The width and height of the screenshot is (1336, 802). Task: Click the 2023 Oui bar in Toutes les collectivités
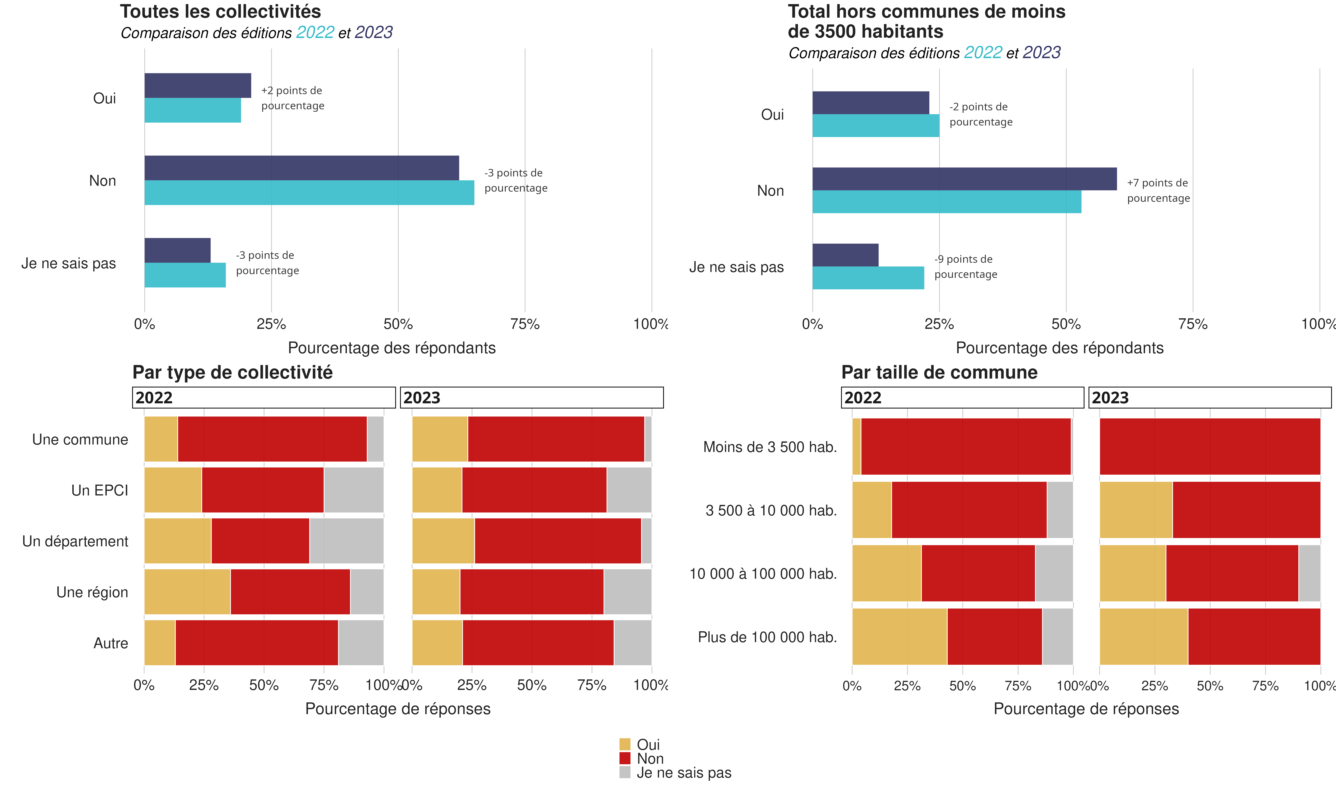click(198, 85)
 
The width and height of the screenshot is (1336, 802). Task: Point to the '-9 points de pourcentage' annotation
click(965, 266)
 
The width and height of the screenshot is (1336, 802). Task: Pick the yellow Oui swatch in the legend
click(624, 744)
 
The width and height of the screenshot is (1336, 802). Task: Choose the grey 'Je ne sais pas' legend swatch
click(624, 772)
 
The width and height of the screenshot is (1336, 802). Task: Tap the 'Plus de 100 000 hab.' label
click(767, 637)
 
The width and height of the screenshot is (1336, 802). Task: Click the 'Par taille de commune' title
click(939, 372)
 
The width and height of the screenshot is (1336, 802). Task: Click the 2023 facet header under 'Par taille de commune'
click(1210, 398)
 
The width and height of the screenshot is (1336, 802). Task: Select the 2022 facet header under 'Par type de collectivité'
click(263, 398)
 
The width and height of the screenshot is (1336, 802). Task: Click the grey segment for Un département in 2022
click(346, 541)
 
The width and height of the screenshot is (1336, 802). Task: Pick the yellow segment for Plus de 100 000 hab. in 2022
click(899, 637)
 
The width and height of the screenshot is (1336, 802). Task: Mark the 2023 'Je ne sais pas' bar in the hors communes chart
click(845, 255)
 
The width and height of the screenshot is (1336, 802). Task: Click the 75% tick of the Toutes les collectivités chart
click(525, 324)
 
